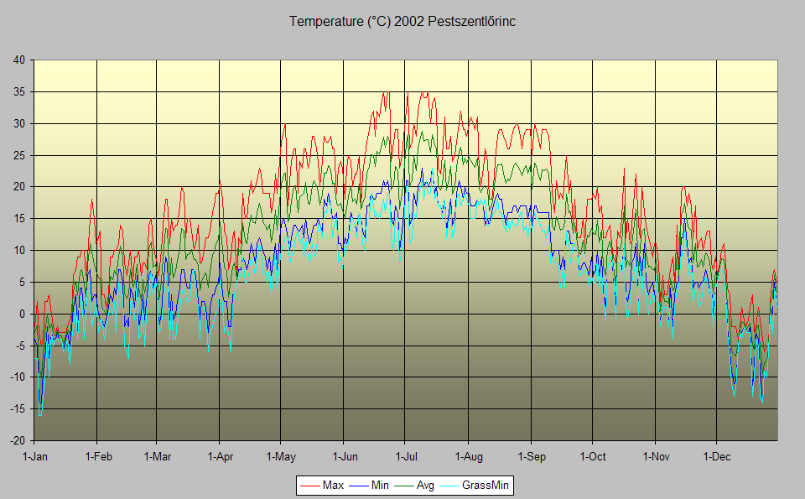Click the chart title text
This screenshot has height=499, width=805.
[x=402, y=22]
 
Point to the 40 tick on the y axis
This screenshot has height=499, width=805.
[x=19, y=60]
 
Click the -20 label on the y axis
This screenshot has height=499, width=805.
[x=18, y=440]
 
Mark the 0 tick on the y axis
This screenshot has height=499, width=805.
[x=23, y=314]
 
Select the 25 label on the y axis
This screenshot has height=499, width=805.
[x=19, y=155]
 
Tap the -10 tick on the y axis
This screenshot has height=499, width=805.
[x=18, y=377]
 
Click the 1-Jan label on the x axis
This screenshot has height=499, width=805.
[x=34, y=457]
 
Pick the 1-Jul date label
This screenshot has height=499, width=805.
[x=406, y=457]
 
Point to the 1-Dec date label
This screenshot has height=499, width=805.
[x=717, y=457]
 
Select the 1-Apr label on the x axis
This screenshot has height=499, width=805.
[x=219, y=457]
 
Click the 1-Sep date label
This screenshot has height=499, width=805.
[x=531, y=457]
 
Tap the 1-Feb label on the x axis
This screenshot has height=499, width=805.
[x=97, y=457]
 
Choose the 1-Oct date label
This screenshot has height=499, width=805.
[x=592, y=457]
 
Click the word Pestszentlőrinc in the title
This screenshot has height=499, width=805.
[x=471, y=22]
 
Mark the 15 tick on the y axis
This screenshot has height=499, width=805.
[x=19, y=218]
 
